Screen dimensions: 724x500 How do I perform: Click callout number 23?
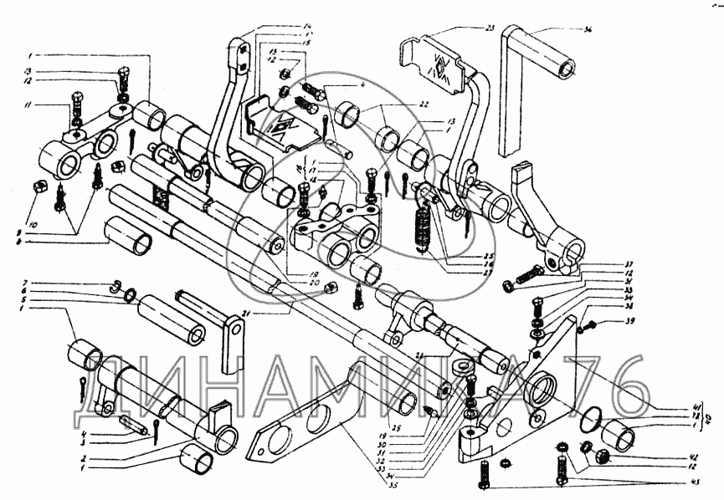(490, 28)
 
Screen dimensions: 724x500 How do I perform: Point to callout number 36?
(588, 29)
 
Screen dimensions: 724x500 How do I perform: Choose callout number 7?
(26, 283)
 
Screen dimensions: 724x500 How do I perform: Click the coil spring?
(422, 227)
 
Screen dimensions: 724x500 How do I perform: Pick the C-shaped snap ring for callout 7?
(116, 288)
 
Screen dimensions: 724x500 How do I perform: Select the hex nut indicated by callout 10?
(38, 184)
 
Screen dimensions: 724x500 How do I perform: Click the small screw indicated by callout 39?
(590, 325)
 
